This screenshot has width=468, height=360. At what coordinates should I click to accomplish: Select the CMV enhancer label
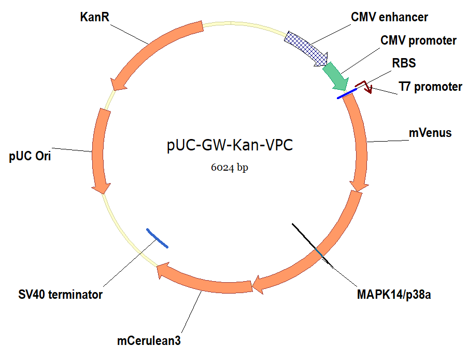[x=389, y=17]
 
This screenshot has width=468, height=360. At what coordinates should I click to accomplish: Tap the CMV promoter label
[x=418, y=40]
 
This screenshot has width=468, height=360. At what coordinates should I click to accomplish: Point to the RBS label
[x=404, y=63]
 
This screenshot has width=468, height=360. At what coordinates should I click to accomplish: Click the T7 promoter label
[x=430, y=87]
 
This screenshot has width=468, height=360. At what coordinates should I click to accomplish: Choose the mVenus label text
[x=430, y=133]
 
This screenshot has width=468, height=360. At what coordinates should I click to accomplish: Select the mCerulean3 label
[x=149, y=341]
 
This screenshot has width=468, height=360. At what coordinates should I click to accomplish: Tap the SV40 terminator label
[x=60, y=295]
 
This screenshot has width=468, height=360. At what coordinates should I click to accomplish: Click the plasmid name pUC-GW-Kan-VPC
[x=230, y=146]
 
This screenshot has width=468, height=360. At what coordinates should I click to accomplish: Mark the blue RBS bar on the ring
[x=346, y=94]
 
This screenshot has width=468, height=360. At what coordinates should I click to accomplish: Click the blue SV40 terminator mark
[x=157, y=238]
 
